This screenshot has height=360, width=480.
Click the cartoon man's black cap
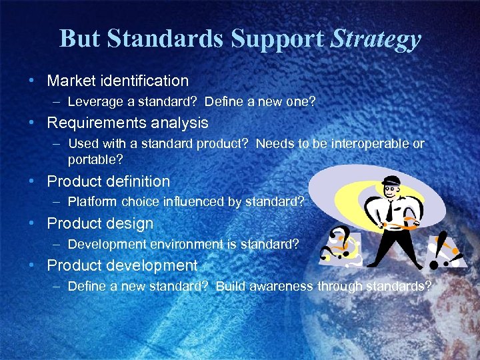[391, 181]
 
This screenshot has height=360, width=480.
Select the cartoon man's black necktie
[388, 213]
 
